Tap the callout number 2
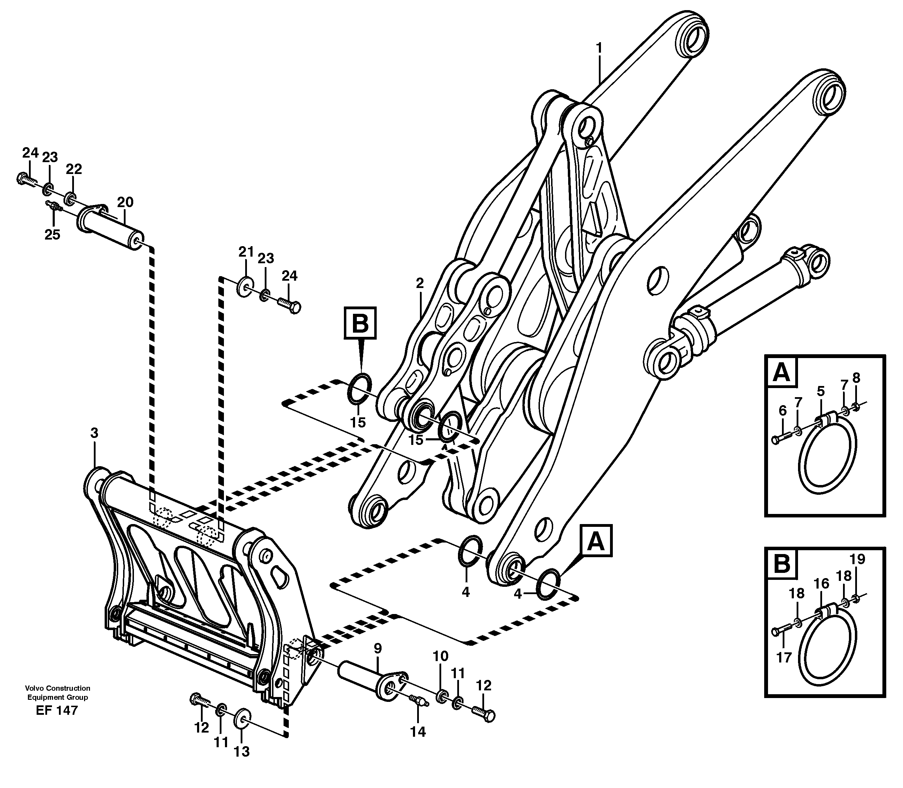[420, 283]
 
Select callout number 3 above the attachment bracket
[94, 433]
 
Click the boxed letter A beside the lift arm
[596, 541]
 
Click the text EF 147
[57, 723]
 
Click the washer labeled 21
[244, 286]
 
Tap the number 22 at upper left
[74, 169]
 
